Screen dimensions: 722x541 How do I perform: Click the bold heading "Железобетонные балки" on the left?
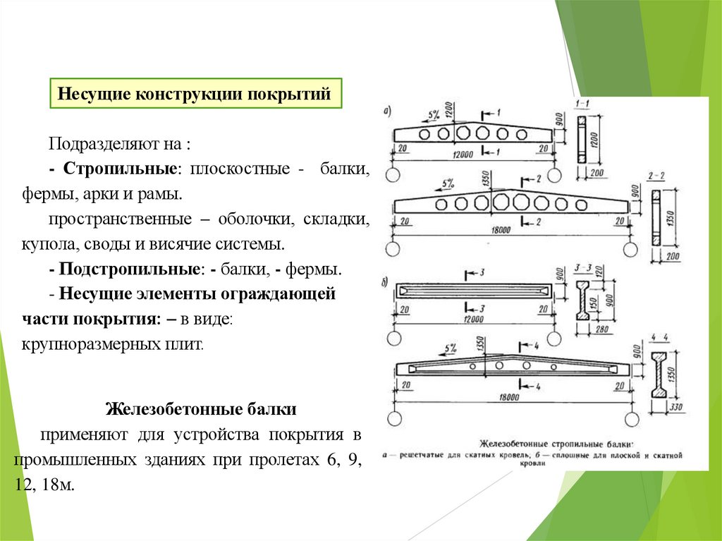(x=201, y=409)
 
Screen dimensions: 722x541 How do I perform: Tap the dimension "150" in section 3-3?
(x=601, y=301)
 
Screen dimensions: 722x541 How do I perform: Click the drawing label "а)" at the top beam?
(x=386, y=109)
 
